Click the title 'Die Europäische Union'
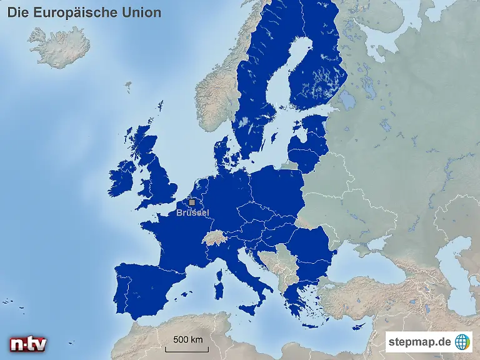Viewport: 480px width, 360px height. pyautogui.click(x=84, y=12)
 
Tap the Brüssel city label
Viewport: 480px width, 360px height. pyautogui.click(x=192, y=213)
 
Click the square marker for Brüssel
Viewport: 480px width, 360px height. pyautogui.click(x=192, y=202)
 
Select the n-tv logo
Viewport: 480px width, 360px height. pyautogui.click(x=27, y=344)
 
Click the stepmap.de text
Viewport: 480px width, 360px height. pyautogui.click(x=419, y=342)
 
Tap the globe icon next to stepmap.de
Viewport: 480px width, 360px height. pyautogui.click(x=462, y=342)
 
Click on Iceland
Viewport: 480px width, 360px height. pyautogui.click(x=59, y=46)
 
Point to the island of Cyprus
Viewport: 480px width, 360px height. pyautogui.click(x=359, y=326)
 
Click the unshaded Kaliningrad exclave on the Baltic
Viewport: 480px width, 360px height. pyautogui.click(x=289, y=166)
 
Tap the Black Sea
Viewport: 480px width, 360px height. pyautogui.click(x=369, y=262)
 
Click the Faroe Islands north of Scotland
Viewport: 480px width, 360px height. pyautogui.click(x=128, y=84)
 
